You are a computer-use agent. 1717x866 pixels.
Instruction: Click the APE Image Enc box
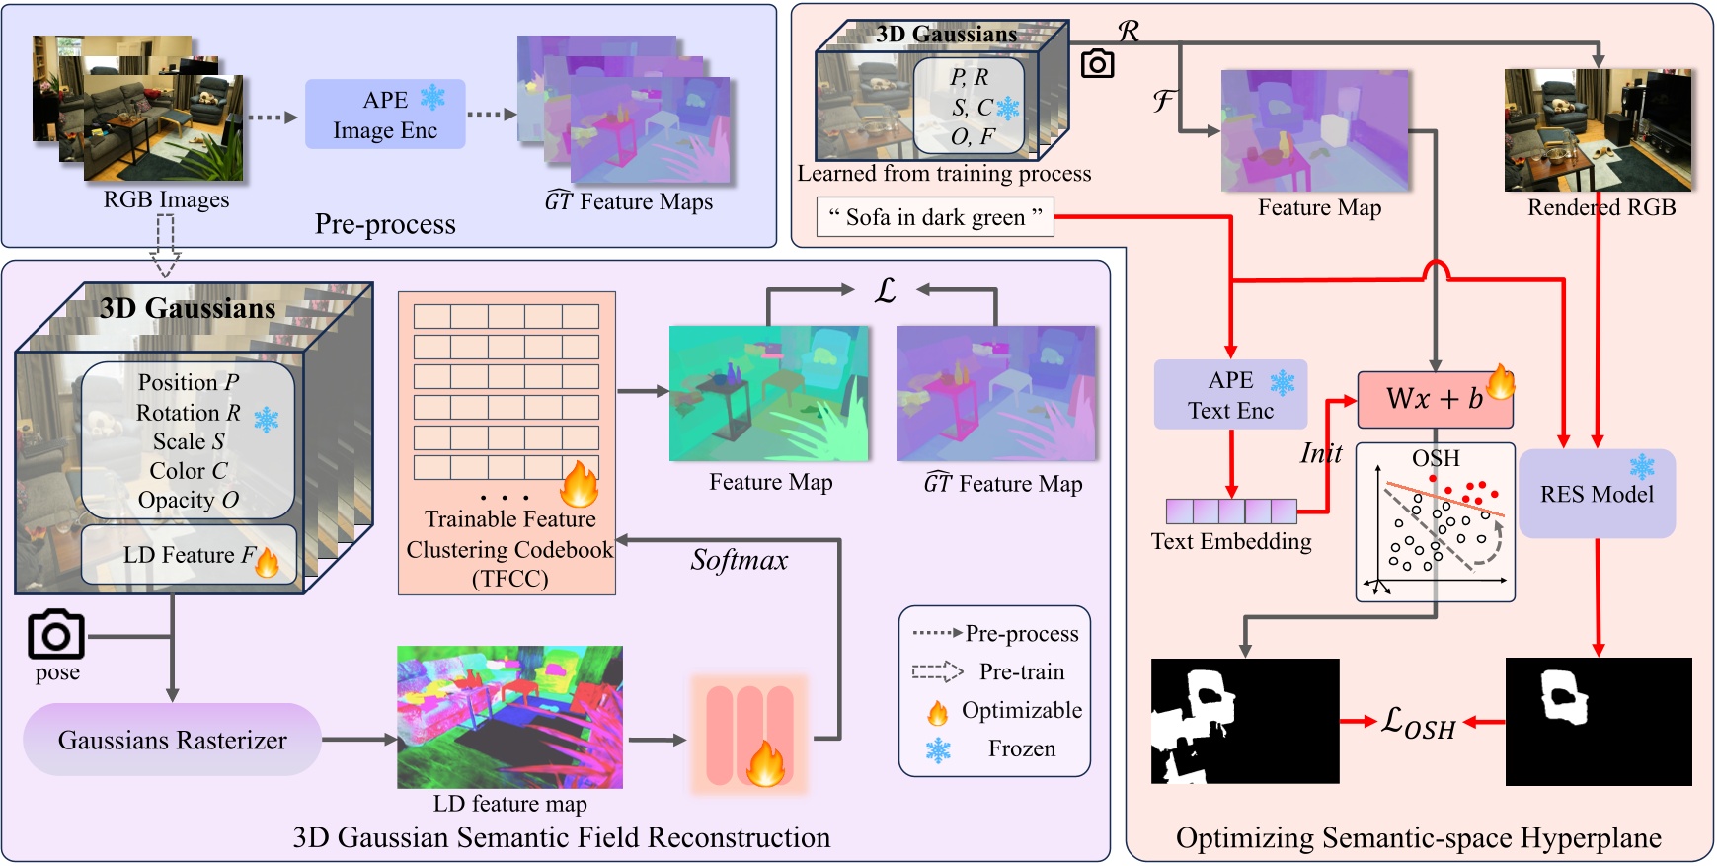pos(385,115)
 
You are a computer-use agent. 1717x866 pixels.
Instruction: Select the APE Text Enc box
pos(1230,395)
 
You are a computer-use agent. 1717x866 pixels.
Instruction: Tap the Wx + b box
pos(1434,399)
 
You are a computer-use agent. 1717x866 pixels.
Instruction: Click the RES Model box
pos(1597,494)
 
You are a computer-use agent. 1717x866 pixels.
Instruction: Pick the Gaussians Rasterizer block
pos(173,740)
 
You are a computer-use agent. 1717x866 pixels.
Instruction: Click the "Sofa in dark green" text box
pos(935,217)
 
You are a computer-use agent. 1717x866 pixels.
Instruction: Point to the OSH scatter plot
pos(1435,523)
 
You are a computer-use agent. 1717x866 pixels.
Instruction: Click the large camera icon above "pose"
pos(55,635)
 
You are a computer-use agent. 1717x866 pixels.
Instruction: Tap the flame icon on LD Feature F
pos(267,561)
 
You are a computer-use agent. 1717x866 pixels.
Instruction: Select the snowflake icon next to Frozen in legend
pos(938,750)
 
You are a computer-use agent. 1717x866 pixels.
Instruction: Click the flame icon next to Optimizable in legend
pos(937,712)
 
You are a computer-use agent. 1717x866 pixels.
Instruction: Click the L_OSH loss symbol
pos(1418,722)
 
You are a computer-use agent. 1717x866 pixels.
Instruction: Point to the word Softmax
pos(740,561)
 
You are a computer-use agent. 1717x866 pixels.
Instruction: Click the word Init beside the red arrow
pos(1320,453)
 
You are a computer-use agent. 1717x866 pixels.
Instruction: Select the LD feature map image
pos(509,717)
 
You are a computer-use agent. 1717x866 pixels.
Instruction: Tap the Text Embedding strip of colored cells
pos(1231,512)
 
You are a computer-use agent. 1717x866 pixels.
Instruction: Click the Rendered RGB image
pos(1598,130)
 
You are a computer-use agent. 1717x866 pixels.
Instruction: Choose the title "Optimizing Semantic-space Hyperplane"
pos(1418,838)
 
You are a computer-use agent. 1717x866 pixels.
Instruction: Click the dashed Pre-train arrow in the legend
pos(937,672)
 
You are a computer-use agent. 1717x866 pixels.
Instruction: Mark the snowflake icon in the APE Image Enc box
pos(432,98)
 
